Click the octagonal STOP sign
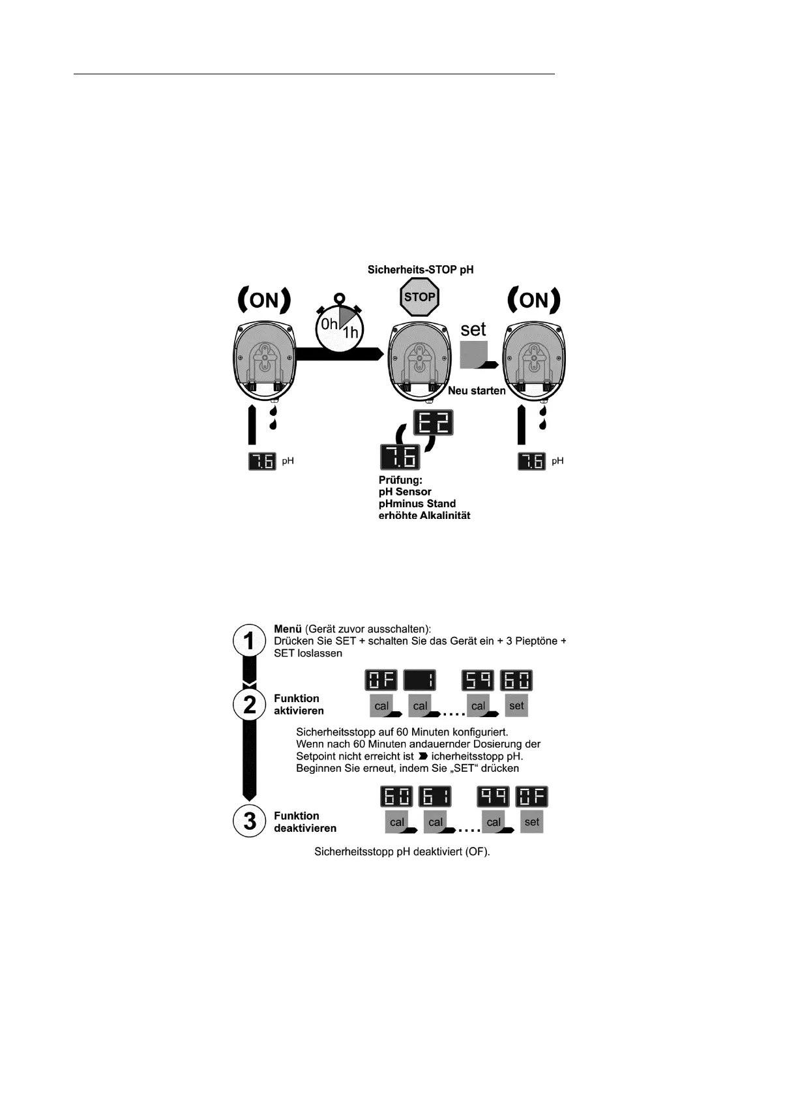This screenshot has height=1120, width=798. point(419,297)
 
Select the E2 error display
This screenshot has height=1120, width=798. point(434,423)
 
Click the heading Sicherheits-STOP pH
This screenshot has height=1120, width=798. point(421,269)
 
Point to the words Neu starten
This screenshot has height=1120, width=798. point(477,391)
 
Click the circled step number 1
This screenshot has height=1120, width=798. point(249,641)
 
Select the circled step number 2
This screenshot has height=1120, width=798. point(249,704)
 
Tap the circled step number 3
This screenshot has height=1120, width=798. point(249,821)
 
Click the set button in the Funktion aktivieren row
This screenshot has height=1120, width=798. point(516,705)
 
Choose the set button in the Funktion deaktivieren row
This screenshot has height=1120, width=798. point(532,822)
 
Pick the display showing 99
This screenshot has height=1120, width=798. point(494,797)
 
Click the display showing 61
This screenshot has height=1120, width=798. point(436,797)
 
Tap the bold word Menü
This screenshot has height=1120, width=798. point(288,629)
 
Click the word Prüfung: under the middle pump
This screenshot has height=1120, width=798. point(400,480)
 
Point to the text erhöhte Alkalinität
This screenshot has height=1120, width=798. point(424,516)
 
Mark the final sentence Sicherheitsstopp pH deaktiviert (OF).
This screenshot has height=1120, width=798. point(402,851)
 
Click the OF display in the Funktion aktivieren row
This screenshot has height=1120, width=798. point(381,681)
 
